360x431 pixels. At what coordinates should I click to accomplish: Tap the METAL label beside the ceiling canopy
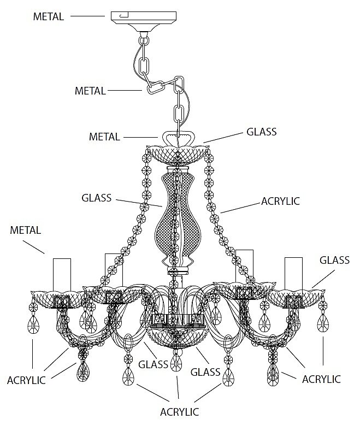click(x=48, y=16)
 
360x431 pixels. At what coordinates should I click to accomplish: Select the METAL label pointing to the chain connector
click(x=90, y=91)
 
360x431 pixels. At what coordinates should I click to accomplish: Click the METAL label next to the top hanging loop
click(x=104, y=136)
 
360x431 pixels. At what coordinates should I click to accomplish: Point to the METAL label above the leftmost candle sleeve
click(x=26, y=230)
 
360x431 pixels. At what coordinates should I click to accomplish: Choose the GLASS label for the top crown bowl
click(x=262, y=132)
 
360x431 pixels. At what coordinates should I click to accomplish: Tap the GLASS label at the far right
click(x=334, y=260)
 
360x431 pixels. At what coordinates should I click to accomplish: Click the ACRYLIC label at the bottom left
click(x=26, y=380)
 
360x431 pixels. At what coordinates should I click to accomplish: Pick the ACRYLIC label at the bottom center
click(x=179, y=411)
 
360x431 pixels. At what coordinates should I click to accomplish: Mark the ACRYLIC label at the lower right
click(x=321, y=379)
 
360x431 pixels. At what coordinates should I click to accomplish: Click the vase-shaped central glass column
click(x=175, y=221)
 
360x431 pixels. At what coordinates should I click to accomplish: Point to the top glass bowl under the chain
click(x=178, y=152)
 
